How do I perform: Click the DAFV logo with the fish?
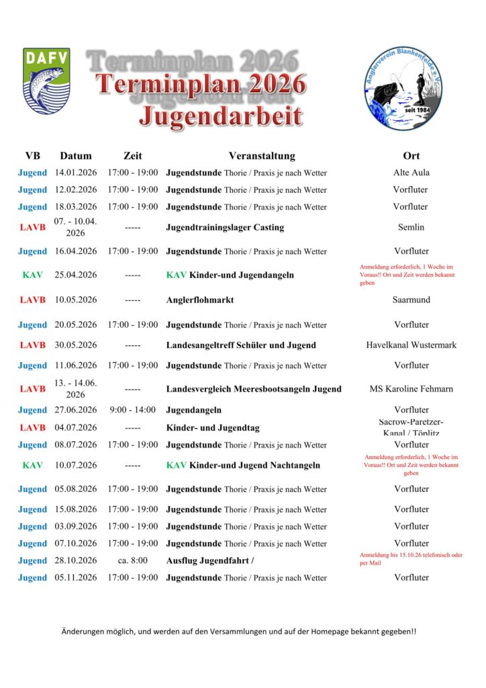tap(46, 81)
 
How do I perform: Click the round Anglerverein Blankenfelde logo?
tap(401, 88)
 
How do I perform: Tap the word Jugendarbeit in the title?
tap(220, 115)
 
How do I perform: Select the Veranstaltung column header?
tap(261, 156)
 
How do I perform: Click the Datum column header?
tap(76, 156)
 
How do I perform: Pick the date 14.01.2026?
tap(76, 173)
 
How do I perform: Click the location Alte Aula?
tap(411, 173)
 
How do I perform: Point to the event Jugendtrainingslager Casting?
tap(225, 227)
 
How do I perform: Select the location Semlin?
tap(411, 227)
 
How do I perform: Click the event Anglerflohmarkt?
tap(200, 300)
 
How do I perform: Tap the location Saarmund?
tap(411, 300)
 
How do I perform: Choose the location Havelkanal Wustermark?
tap(411, 345)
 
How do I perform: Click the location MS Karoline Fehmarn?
tap(411, 388)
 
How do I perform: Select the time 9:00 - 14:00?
tap(132, 410)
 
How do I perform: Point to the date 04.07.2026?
tap(76, 427)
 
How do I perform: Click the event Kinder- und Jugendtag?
tap(213, 427)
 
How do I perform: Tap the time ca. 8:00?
tap(132, 560)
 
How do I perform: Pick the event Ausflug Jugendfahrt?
tap(209, 560)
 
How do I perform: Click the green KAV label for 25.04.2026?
tap(32, 275)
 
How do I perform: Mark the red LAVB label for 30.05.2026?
tap(32, 345)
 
